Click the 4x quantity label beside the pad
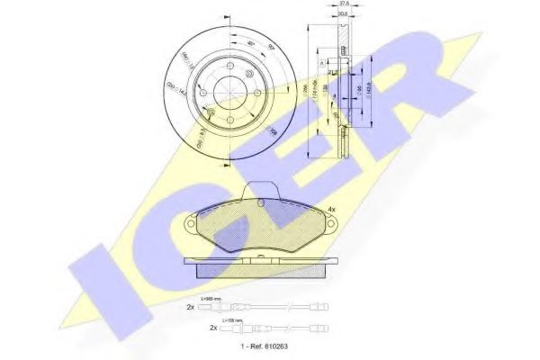[x=331, y=210]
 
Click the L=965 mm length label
[x=212, y=298]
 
